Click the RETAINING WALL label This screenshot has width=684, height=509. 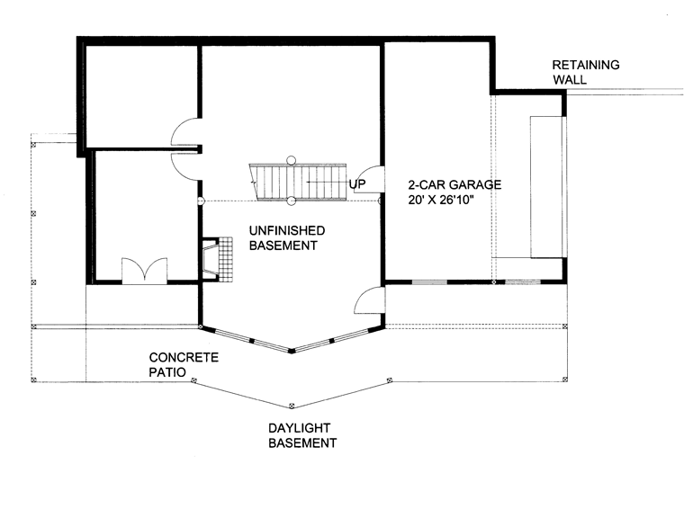pyautogui.click(x=585, y=72)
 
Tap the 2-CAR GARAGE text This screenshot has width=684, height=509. pyautogui.click(x=454, y=184)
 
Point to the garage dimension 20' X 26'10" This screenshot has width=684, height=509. pyautogui.click(x=441, y=200)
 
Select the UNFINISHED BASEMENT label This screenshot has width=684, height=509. pyautogui.click(x=286, y=238)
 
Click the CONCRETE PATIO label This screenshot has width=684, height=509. pyautogui.click(x=184, y=365)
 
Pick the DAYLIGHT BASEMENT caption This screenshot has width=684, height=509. pyautogui.click(x=302, y=435)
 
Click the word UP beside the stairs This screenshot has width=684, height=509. pyautogui.click(x=356, y=184)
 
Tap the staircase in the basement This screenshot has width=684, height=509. pyautogui.click(x=298, y=183)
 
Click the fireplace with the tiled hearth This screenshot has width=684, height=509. pyautogui.click(x=217, y=259)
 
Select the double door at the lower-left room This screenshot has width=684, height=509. pyautogui.click(x=144, y=271)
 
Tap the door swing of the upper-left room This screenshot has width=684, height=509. pyautogui.click(x=185, y=132)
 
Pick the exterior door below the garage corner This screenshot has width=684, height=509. pyautogui.click(x=369, y=300)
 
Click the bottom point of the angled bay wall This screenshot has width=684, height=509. pyautogui.click(x=292, y=351)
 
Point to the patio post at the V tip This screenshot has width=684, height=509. pyautogui.click(x=292, y=406)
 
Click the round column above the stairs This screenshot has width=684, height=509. pyautogui.click(x=291, y=160)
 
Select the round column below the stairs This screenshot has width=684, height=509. pyautogui.click(x=291, y=201)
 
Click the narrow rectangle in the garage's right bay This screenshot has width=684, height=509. pyautogui.click(x=545, y=187)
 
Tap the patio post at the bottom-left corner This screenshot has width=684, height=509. pyautogui.click(x=33, y=380)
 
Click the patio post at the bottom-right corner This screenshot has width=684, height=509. pyautogui.click(x=565, y=380)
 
